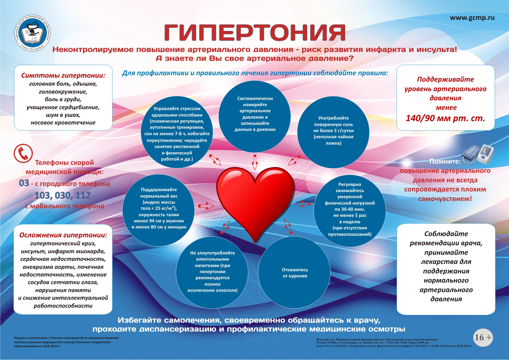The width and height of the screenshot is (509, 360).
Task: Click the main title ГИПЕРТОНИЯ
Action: coord(255,32)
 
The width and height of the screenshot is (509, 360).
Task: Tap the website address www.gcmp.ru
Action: coord(472,18)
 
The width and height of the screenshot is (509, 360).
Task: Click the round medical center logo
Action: coord(33,33)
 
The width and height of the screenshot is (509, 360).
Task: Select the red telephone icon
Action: coord(23,153)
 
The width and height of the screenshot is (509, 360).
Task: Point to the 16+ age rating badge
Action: coord(483,337)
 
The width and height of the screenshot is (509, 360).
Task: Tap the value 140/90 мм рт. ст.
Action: coord(445,118)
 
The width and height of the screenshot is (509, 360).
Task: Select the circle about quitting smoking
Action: coord(294,273)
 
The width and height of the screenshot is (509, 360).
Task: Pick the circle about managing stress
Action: coord(177,133)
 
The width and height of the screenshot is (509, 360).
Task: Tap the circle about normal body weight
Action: coord(159,210)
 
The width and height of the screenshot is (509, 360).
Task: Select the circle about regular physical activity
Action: coord(350,210)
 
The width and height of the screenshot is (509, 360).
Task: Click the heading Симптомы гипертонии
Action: coord(63,76)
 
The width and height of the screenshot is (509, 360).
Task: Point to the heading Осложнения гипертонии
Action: coord(63,235)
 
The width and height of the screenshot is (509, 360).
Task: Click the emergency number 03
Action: coord(24,183)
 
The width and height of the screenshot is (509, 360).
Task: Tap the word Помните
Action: coord(445,161)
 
